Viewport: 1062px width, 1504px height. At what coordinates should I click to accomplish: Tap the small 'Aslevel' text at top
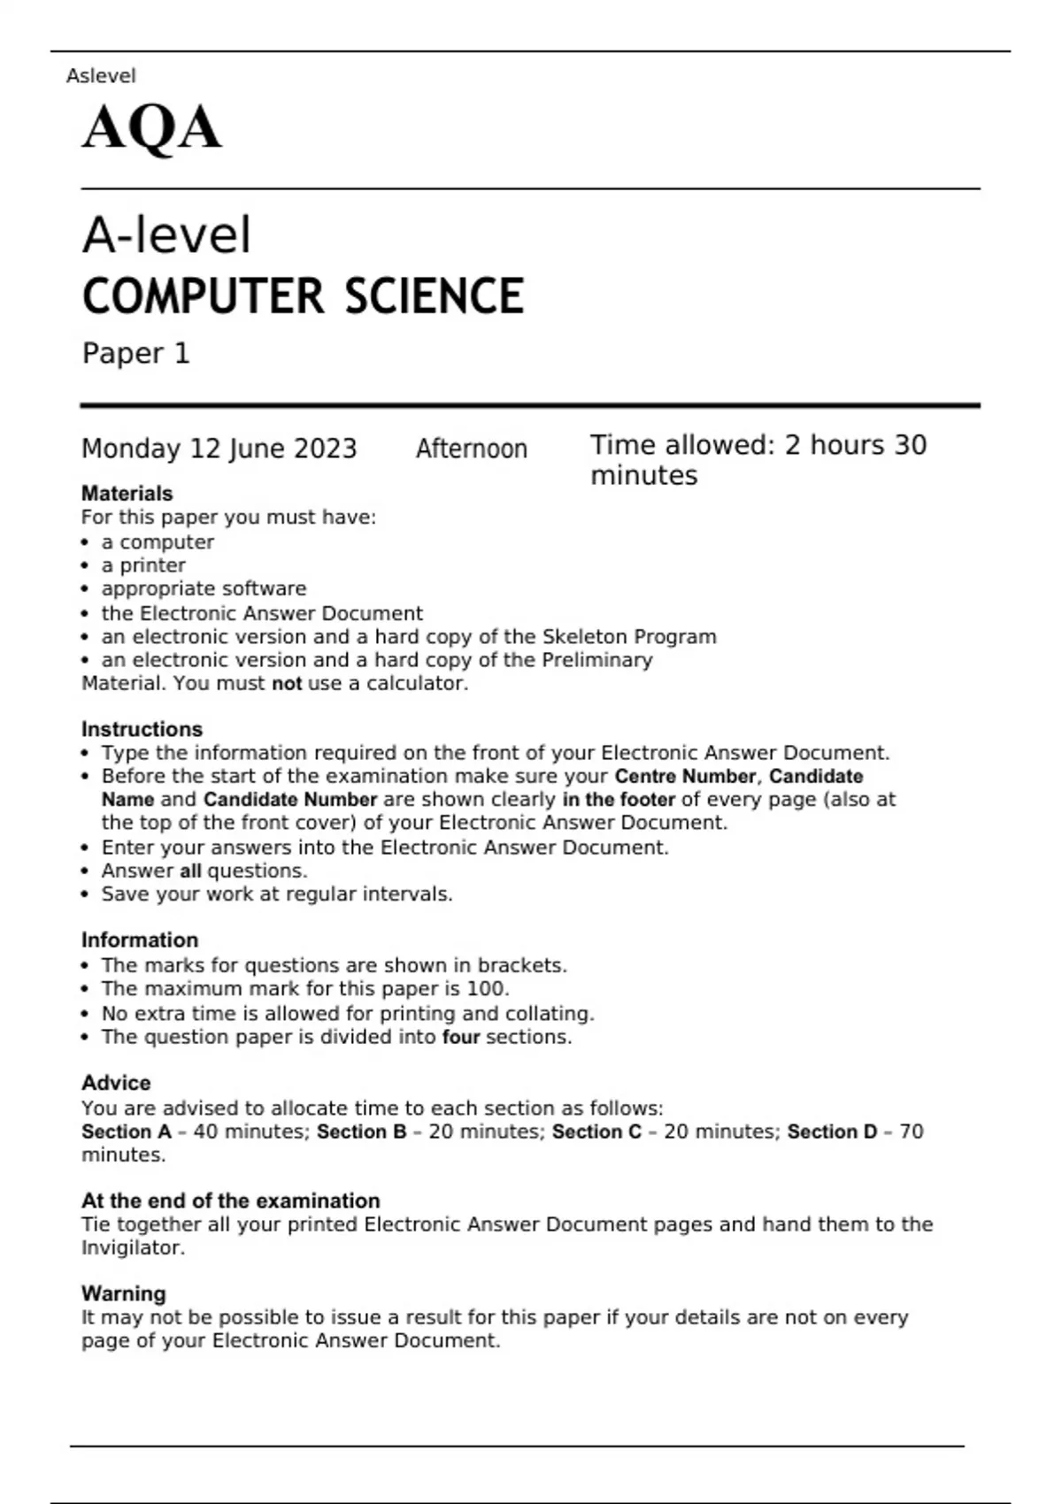pos(101,76)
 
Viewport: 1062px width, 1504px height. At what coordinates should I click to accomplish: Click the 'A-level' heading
pos(166,235)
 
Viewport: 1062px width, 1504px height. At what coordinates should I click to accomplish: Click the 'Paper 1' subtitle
pos(135,353)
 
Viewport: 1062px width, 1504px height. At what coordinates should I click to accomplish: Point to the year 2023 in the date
pos(325,449)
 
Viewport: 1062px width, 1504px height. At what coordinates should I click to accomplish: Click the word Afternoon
pos(471,449)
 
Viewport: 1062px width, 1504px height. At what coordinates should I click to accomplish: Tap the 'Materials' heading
pos(127,493)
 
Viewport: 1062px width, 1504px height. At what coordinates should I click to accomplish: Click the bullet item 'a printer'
pos(143,565)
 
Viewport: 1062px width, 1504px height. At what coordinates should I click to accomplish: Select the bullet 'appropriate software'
pos(204,588)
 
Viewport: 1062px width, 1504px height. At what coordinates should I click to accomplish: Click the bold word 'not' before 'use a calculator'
pos(287,683)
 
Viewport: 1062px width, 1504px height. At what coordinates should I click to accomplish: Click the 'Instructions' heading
pos(142,729)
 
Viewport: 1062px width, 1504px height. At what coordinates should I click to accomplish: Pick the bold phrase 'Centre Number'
pos(685,776)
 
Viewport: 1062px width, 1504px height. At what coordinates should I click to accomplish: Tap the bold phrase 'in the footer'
pos(619,799)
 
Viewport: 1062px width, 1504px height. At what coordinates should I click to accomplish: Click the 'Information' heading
pos(140,940)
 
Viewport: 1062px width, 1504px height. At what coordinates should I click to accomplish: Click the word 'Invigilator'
pos(133,1247)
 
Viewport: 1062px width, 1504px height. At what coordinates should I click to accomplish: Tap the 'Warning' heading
pos(124,1293)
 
